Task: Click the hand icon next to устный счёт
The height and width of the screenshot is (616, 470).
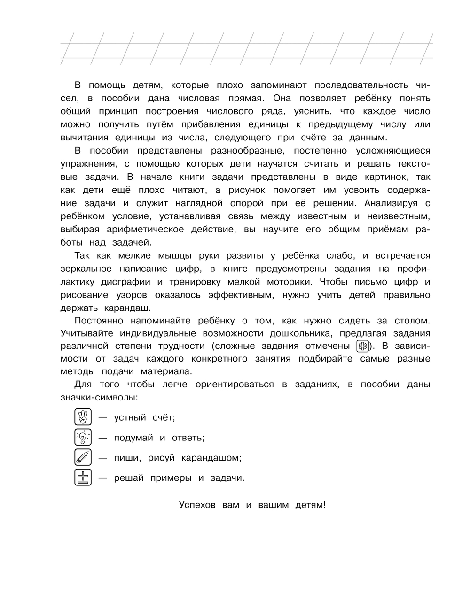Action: coord(83,417)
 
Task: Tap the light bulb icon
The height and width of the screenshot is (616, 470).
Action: coord(83,437)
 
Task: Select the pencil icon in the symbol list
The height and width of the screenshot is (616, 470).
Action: coord(83,457)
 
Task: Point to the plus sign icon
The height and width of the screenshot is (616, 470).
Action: coord(83,477)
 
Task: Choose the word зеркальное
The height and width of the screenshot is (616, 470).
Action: coord(86,269)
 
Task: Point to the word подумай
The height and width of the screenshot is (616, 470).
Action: coord(133,438)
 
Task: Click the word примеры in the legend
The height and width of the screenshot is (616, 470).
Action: coord(171,478)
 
